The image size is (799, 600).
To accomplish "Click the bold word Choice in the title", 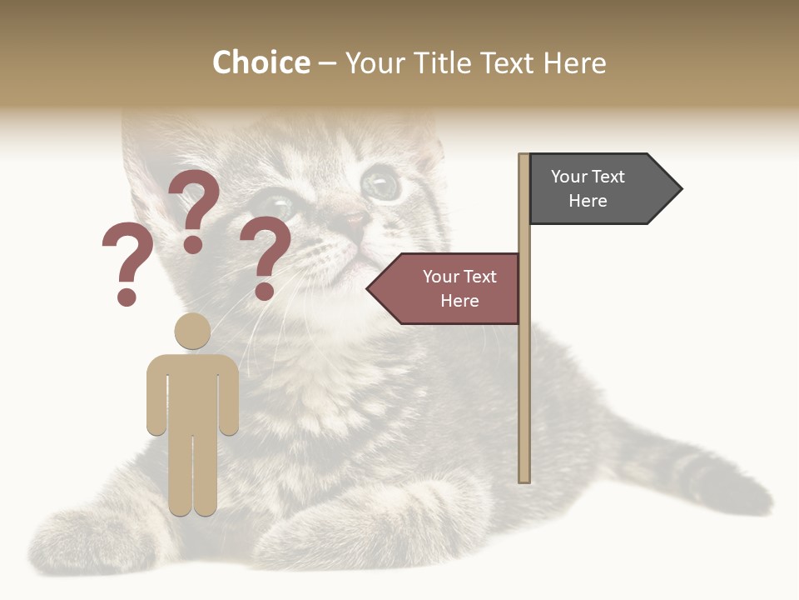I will pyautogui.click(x=261, y=62).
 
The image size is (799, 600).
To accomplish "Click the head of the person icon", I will pyautogui.click(x=192, y=331).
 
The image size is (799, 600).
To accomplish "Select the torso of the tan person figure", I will pyautogui.click(x=192, y=392).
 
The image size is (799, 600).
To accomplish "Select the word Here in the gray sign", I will pyautogui.click(x=588, y=201).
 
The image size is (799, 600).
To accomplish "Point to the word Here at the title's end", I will pyautogui.click(x=574, y=62).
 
